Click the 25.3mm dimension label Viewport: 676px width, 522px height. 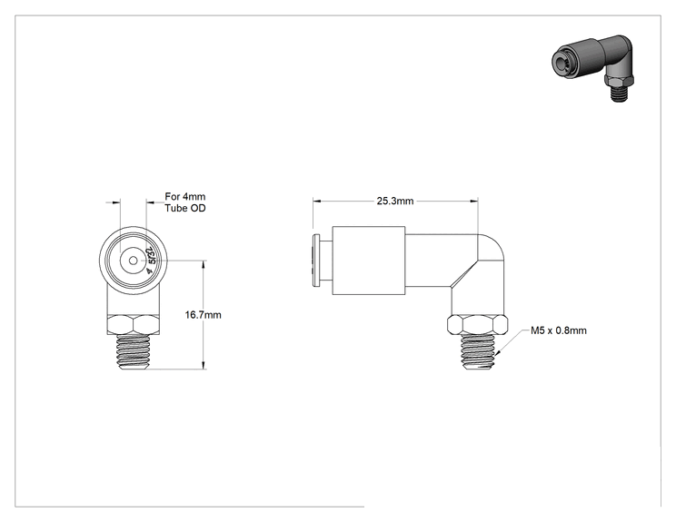tap(395, 202)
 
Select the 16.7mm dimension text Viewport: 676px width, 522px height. tap(203, 315)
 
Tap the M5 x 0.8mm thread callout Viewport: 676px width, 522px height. tap(558, 330)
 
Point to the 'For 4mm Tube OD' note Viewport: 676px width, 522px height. tap(185, 202)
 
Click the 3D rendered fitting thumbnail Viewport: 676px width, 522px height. tap(593, 67)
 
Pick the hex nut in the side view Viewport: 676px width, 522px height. tap(477, 325)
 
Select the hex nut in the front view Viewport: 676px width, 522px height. tap(134, 325)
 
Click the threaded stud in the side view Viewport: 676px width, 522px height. tap(477, 352)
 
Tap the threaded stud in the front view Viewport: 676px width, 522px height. tap(134, 352)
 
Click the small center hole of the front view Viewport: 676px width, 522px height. tap(134, 261)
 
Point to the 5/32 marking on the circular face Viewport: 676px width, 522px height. tap(152, 261)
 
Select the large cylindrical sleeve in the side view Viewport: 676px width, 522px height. tap(369, 261)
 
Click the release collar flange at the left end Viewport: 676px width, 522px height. tap(316, 261)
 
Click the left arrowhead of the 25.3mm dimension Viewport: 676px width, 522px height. tap(317, 201)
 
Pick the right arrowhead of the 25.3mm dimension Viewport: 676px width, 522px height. tap(474, 201)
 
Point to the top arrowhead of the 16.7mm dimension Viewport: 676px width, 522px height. tap(204, 264)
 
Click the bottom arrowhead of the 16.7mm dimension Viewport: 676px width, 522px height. tap(204, 365)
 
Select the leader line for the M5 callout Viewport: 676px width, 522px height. tap(512, 342)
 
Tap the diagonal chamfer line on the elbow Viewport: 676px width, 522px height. tap(464, 273)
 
